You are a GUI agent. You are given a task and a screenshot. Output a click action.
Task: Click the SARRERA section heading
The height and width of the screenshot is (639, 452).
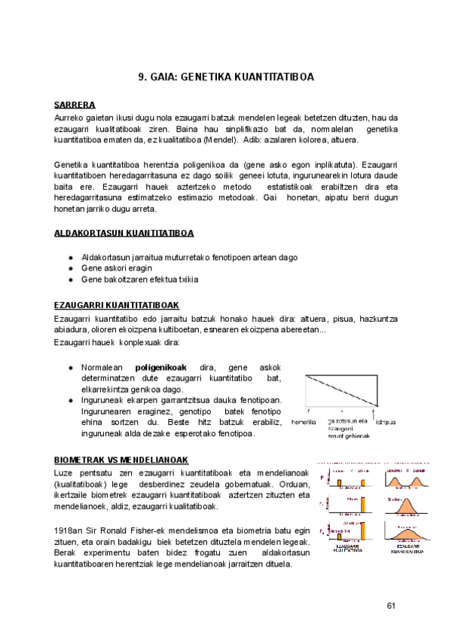pos(74,105)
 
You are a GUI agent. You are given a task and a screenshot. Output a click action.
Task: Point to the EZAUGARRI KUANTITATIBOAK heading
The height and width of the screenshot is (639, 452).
pos(116,305)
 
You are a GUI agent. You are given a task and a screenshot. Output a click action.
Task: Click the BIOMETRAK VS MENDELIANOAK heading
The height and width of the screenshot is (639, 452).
pos(121,460)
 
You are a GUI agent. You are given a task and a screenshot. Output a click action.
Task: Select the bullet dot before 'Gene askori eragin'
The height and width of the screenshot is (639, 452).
pos(70,268)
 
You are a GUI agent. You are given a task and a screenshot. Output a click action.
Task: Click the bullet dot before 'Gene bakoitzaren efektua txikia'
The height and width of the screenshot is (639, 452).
pos(70,280)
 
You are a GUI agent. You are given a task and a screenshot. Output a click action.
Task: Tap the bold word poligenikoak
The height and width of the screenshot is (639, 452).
pos(161,367)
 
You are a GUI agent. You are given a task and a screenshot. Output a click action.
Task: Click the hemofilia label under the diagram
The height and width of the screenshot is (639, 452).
pos(303,422)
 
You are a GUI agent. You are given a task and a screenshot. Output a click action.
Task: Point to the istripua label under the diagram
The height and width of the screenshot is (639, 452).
pos(385,422)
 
